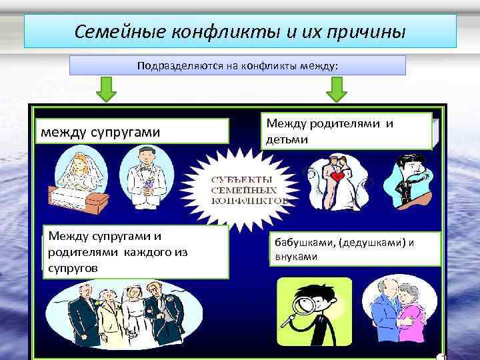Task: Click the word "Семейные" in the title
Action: (x=119, y=31)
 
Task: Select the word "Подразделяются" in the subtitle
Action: (x=175, y=66)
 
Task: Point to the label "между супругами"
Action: (x=101, y=131)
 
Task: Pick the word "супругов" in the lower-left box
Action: (x=73, y=267)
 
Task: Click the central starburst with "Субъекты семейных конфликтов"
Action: (x=250, y=188)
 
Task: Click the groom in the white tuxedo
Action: (x=147, y=175)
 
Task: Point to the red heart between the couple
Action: (x=339, y=178)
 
